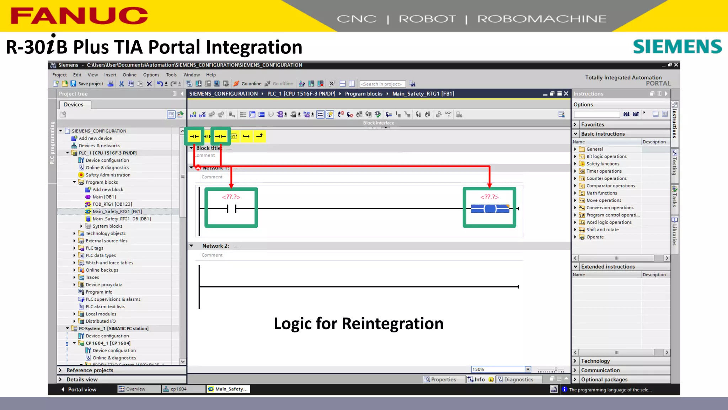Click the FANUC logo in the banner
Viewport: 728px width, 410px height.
click(79, 16)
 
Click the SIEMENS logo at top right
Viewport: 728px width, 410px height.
click(677, 47)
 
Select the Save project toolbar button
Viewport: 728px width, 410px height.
click(87, 84)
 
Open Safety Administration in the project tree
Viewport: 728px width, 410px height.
click(108, 175)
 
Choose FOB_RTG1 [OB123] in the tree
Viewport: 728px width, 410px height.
click(112, 204)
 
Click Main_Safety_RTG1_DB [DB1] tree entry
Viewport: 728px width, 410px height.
click(121, 219)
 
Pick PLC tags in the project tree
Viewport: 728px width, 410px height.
click(94, 248)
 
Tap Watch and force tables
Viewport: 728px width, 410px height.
click(109, 263)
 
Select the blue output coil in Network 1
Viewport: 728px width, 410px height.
click(490, 209)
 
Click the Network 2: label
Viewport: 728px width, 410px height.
click(215, 246)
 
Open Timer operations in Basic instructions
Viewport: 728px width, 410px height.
click(604, 171)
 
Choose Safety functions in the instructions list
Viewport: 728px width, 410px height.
click(603, 164)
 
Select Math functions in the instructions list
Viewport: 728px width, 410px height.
click(601, 193)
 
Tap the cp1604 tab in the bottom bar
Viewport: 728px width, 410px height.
click(178, 389)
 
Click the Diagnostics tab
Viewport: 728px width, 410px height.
click(518, 379)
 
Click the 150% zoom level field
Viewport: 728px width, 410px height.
click(498, 369)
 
